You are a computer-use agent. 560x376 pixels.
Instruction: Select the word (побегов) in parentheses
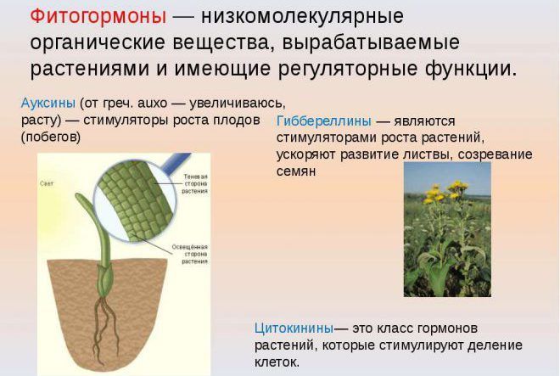(x=50, y=136)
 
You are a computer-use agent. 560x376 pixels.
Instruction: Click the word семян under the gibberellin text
(x=295, y=170)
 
